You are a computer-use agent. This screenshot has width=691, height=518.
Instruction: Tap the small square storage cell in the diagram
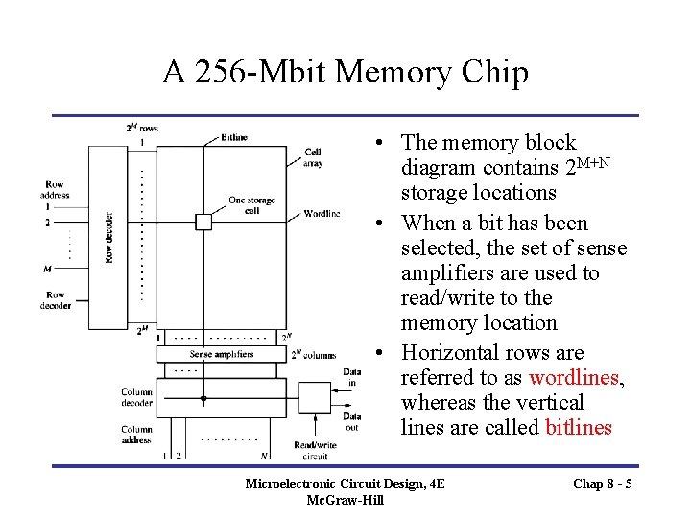[203, 222]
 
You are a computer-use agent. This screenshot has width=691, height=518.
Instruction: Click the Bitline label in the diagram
[233, 137]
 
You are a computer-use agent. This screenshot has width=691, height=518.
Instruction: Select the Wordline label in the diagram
[321, 213]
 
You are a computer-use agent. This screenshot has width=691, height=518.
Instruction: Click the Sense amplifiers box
[222, 354]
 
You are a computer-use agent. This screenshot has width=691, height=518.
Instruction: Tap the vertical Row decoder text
[109, 238]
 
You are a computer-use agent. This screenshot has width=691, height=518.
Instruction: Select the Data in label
[351, 377]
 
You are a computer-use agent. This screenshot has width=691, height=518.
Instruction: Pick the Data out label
[351, 422]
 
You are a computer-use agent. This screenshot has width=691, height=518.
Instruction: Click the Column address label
[136, 435]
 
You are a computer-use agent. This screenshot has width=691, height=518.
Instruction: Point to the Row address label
[55, 190]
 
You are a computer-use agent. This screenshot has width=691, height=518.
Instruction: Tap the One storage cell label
[251, 205]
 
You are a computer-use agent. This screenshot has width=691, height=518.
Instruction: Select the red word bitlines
[578, 428]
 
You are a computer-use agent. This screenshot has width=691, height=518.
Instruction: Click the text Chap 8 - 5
[602, 483]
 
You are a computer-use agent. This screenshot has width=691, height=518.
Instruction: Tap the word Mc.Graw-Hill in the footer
[345, 501]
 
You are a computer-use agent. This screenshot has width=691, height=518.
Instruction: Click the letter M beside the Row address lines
[47, 270]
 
